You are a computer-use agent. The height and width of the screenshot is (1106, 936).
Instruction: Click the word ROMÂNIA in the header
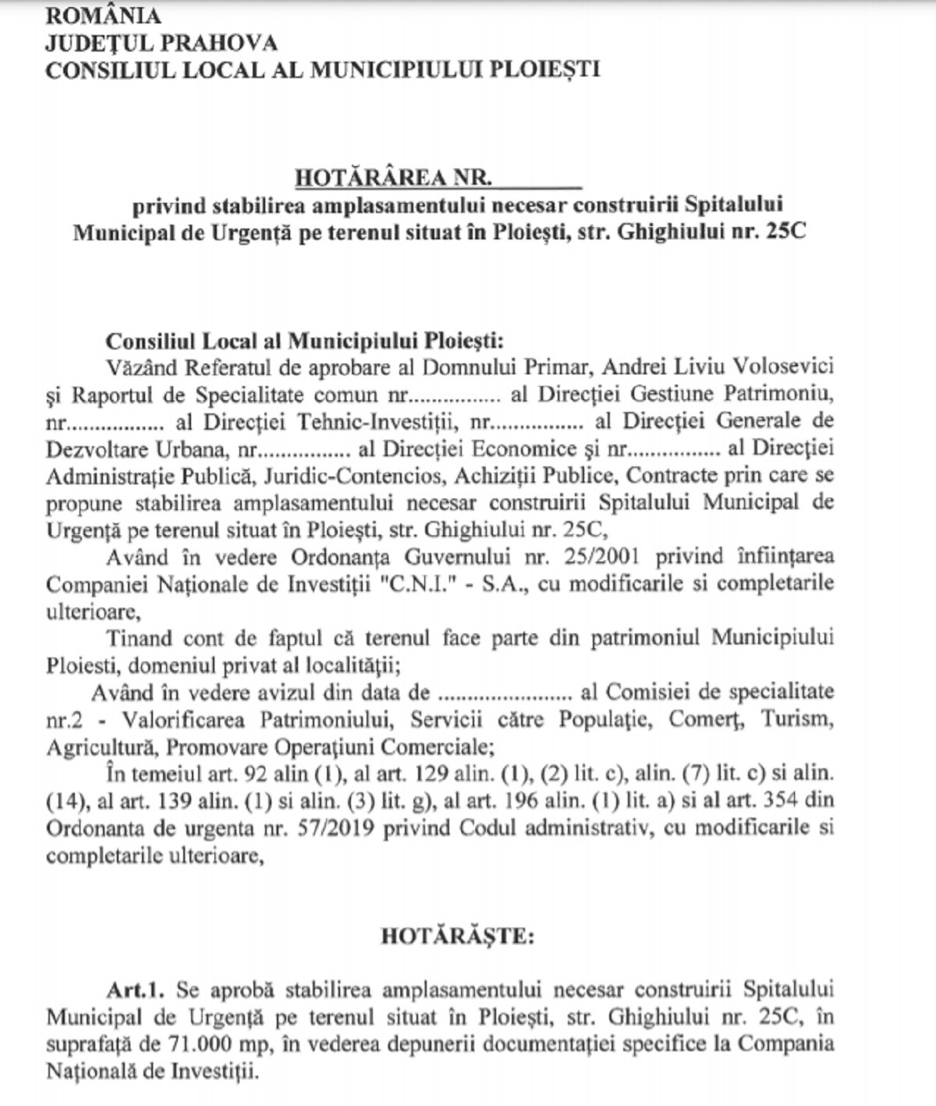tap(103, 16)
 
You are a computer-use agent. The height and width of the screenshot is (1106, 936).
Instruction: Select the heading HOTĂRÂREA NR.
tap(393, 178)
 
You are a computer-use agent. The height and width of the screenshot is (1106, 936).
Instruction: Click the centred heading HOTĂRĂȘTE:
tap(458, 936)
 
